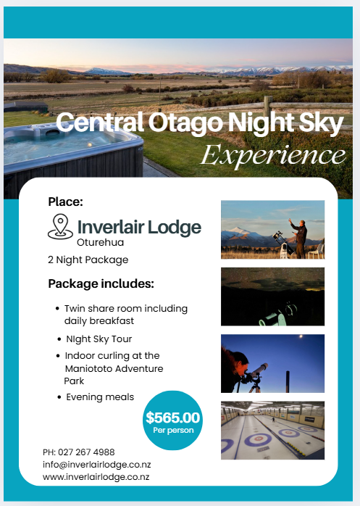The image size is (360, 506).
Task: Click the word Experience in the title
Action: click(273, 156)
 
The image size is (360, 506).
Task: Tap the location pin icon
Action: click(60, 226)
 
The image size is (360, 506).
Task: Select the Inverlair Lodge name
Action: click(139, 228)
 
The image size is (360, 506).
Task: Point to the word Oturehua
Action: click(101, 242)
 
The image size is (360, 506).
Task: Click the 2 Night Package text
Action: click(88, 260)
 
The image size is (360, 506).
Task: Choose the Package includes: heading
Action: click(101, 283)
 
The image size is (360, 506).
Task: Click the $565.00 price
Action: click(173, 418)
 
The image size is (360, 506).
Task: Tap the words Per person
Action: click(173, 430)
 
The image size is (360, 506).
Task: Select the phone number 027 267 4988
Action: click(86, 452)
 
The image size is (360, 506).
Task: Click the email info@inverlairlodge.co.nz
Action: click(97, 465)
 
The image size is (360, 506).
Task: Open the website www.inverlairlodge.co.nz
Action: click(96, 477)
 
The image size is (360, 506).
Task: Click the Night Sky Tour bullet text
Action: click(99, 339)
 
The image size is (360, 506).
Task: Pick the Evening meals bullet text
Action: click(100, 397)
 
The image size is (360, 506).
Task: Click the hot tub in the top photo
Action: click(71, 152)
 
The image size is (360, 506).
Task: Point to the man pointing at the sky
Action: click(299, 238)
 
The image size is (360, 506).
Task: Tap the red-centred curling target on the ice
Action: click(258, 439)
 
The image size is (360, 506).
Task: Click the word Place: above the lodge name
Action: click(65, 202)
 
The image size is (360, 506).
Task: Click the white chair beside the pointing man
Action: click(316, 251)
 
